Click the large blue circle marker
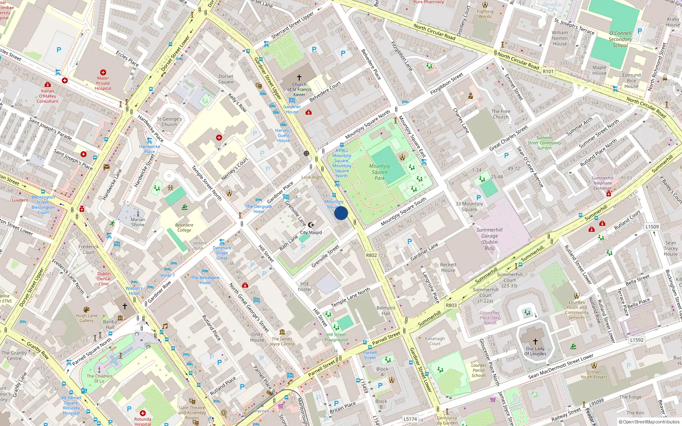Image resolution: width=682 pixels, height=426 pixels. pos(341,213)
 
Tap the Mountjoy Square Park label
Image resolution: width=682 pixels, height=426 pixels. pos(379,172)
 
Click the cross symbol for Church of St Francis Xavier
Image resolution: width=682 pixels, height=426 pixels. pos(299,78)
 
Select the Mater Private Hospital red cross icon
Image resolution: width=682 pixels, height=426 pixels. pos(103,72)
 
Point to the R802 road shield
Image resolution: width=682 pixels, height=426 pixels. pos(371,255)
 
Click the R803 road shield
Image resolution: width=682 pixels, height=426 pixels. pos(451,305)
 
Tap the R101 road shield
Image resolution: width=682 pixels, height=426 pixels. pos(548,72)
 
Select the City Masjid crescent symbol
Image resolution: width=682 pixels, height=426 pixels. pos(311,225)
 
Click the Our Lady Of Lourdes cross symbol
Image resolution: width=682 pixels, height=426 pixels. pos(535,342)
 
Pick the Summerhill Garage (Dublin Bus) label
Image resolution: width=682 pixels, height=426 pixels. pos(489,239)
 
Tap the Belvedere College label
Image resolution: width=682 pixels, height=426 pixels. pos(184,227)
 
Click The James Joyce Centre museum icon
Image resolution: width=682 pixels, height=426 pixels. pos(282,332)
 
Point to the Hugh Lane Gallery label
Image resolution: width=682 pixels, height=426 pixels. pos(87,318)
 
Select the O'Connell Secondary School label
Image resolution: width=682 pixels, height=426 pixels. pos(620,39)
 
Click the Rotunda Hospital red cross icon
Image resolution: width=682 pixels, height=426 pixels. pos(143,413)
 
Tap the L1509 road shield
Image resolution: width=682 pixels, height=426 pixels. pos(652,227)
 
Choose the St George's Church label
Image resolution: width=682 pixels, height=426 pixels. pos(169,122)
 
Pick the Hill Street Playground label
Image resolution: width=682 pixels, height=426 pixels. pos(336,337)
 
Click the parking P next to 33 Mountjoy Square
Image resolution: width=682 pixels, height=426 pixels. pos(479,198)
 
